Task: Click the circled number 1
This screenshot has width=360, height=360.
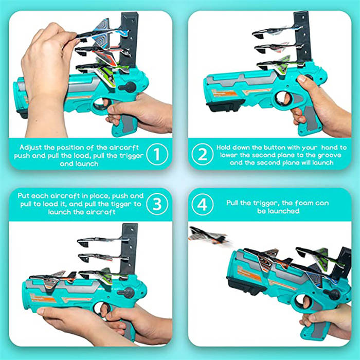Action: coord(157,154)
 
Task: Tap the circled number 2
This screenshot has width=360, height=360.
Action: coord(202,154)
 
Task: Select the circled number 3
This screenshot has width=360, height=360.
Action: coord(157,204)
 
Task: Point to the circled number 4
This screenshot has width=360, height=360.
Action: coord(202,204)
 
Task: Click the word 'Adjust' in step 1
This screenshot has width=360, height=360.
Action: coord(30,148)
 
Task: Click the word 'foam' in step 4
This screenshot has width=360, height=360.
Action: coord(303,203)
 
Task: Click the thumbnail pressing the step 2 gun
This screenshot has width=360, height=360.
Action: coord(302,79)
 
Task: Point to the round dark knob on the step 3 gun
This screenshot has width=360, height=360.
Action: coord(127,293)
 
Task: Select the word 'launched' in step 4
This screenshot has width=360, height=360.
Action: coord(278,211)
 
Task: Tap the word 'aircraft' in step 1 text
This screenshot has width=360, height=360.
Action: coord(124,148)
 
